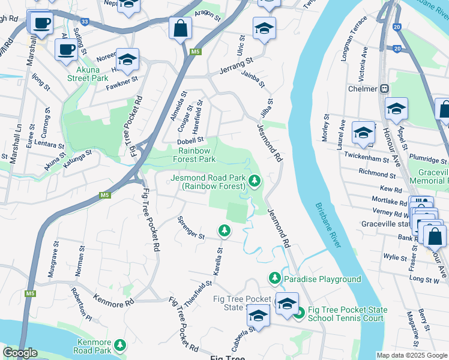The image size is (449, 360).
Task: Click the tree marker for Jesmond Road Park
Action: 255,179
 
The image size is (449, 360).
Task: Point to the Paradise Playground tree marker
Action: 274,278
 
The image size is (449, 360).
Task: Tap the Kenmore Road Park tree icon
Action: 121,344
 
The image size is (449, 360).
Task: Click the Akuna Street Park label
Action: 87,74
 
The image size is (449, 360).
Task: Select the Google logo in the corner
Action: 19,353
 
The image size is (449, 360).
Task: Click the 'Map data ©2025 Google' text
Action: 411,355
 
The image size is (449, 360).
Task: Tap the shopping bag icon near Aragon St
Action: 180,28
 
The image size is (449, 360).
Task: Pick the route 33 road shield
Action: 85,22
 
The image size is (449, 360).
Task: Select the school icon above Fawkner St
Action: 127,59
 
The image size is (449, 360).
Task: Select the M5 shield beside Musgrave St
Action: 30,293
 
